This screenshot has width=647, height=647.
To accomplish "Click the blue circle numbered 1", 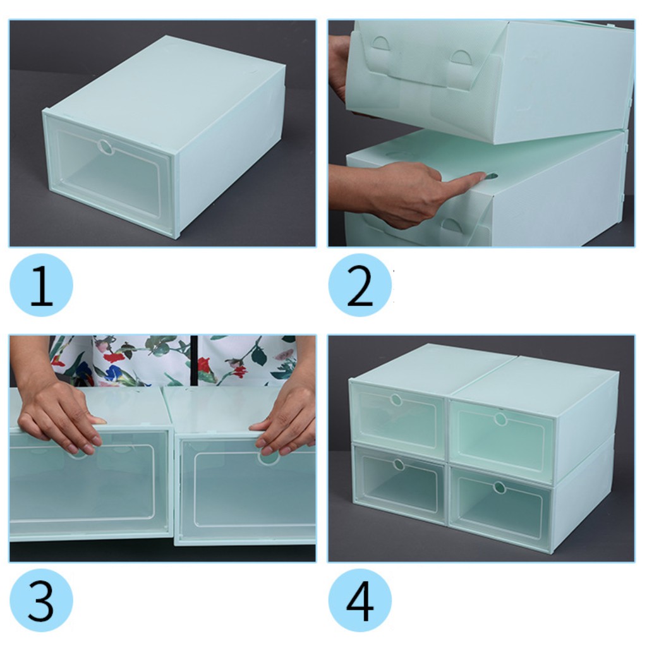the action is coord(41,285).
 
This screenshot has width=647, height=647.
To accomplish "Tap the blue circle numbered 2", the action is coord(360,285).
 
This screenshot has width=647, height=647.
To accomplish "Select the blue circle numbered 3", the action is coord(41,600).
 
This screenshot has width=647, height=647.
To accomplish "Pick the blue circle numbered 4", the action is coord(360,600).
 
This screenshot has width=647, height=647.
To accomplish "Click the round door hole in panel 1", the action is coord(106,147).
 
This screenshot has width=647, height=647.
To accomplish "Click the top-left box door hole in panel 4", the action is coord(396,399).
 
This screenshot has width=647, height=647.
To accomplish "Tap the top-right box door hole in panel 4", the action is coord(500,419).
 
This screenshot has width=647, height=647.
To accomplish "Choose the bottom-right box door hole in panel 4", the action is coord(499,487).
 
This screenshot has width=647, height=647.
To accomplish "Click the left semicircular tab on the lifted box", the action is coord(380,44).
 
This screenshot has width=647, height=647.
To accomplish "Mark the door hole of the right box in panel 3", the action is coord(267,457).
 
